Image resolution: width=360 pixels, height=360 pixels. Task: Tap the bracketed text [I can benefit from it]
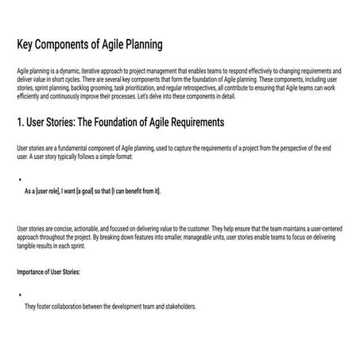click(x=136, y=191)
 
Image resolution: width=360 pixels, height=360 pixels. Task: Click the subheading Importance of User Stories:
click(x=48, y=273)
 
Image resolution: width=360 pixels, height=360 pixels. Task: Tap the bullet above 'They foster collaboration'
click(x=18, y=295)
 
